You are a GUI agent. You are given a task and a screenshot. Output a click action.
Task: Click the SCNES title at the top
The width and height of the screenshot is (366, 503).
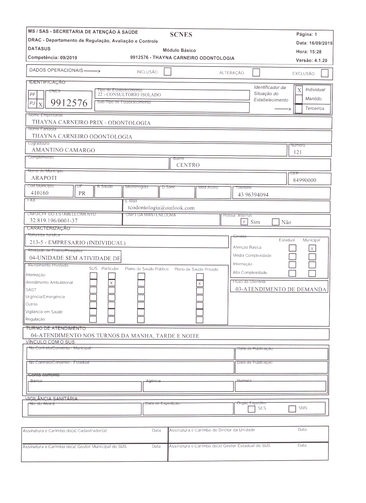(181, 35)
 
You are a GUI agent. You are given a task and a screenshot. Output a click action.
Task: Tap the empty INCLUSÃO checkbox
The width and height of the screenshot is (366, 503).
(168, 71)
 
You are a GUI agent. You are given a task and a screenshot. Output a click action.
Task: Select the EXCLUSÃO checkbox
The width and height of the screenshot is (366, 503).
(325, 73)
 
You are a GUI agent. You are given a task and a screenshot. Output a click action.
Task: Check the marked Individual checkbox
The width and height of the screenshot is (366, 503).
(299, 90)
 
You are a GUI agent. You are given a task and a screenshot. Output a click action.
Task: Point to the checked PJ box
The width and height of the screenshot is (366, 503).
(40, 105)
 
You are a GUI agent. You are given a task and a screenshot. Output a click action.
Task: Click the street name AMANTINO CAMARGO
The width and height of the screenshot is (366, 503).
(63, 150)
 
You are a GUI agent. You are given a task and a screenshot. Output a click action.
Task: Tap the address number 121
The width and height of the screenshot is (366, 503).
(298, 152)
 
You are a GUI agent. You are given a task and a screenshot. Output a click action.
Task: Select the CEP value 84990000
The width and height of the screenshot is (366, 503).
(304, 180)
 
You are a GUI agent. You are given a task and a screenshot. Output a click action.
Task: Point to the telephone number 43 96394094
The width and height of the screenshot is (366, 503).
(253, 195)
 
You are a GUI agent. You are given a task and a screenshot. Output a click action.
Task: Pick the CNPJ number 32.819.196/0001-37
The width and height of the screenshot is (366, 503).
(54, 220)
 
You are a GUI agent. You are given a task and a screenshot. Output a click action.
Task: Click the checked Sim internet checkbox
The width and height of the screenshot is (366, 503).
(244, 222)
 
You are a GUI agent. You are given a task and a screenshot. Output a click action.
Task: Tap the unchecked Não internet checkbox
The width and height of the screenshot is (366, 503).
(275, 222)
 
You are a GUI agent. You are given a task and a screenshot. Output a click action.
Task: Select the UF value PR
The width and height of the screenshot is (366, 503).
(82, 193)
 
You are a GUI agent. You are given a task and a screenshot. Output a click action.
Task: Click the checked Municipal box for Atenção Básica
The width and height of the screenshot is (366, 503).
(312, 248)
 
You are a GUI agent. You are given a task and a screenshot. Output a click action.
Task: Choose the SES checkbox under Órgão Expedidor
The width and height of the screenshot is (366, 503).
(252, 409)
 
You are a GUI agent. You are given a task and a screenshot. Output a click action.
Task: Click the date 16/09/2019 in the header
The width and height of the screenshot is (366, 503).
(321, 43)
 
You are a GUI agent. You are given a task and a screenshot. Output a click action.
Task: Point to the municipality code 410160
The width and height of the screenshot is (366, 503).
(40, 193)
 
